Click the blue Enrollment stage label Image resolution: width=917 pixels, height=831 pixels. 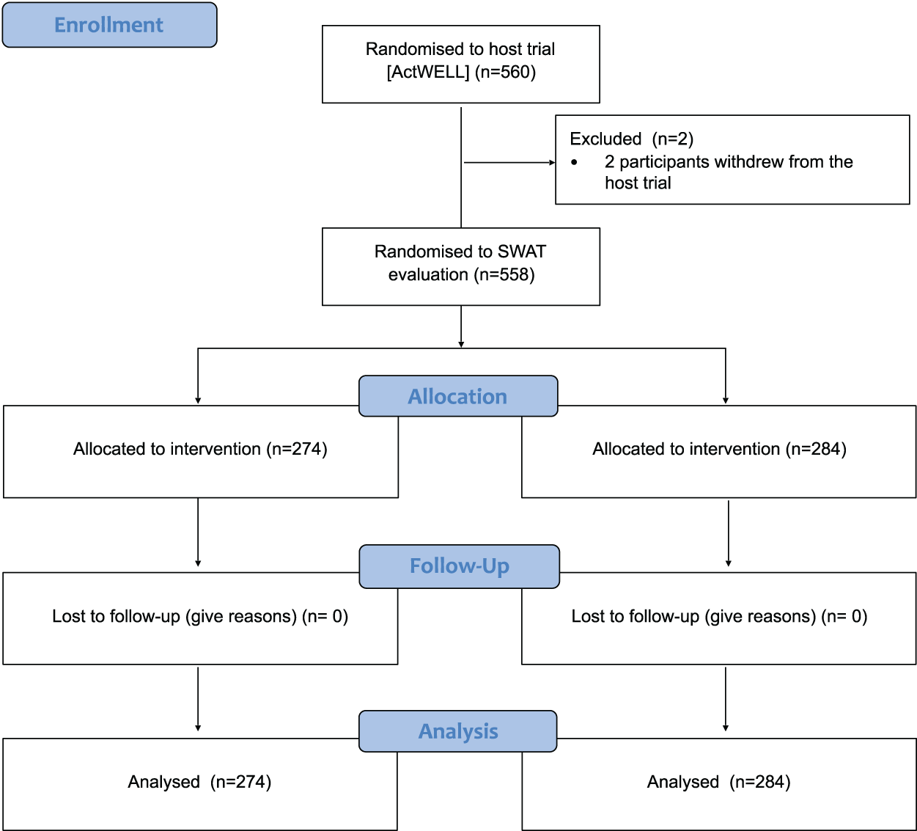pyautogui.click(x=109, y=25)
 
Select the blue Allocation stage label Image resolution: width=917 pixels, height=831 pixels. pyautogui.click(x=457, y=397)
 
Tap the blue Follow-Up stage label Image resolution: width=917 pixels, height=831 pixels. pyautogui.click(x=459, y=566)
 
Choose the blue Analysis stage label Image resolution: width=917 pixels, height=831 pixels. pyautogui.click(x=458, y=731)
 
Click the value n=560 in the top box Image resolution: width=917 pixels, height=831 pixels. pyautogui.click(x=505, y=72)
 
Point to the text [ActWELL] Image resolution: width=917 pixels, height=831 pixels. pyautogui.click(x=427, y=72)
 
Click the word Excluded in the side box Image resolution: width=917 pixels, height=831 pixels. pyautogui.click(x=605, y=139)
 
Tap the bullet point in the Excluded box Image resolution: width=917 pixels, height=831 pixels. pyautogui.click(x=574, y=162)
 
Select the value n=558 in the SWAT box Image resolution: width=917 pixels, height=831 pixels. pyautogui.click(x=504, y=274)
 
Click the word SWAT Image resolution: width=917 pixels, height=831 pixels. pyautogui.click(x=521, y=252)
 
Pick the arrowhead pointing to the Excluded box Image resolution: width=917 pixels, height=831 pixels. pyautogui.click(x=552, y=162)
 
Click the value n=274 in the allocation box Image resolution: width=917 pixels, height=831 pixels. pyautogui.click(x=297, y=449)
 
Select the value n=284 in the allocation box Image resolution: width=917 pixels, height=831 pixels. pyautogui.click(x=816, y=449)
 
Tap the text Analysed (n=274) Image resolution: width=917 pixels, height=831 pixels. pyautogui.click(x=199, y=782)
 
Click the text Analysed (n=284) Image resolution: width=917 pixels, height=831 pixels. pyautogui.click(x=718, y=782)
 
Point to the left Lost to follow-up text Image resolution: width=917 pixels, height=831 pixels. pyautogui.click(x=199, y=616)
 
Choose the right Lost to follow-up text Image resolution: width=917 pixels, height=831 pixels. pyautogui.click(x=718, y=616)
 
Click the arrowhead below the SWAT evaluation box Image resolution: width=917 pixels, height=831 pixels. pyautogui.click(x=461, y=343)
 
